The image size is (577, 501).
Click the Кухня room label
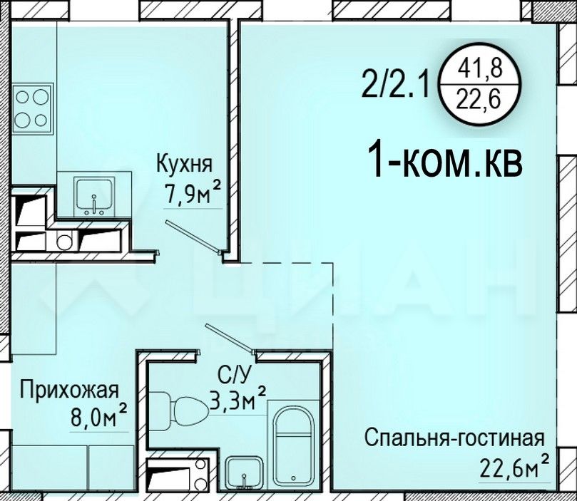(185, 165)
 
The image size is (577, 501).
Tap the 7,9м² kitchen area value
(193, 194)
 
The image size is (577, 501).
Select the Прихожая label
(70, 391)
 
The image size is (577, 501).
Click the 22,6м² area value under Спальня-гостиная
(514, 468)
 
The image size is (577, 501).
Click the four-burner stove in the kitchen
(33, 108)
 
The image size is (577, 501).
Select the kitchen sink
(94, 196)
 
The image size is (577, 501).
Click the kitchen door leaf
(193, 236)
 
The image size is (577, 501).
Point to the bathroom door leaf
(229, 336)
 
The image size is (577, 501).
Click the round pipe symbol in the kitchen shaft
(65, 242)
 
